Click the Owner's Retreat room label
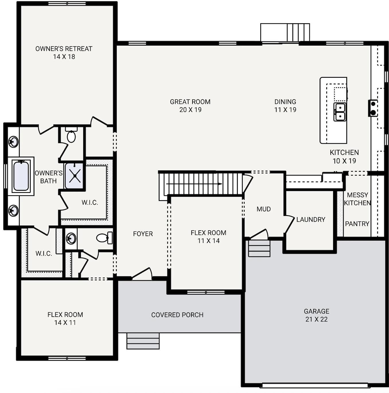(64, 53)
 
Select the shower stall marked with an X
(75, 176)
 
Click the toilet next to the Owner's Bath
(71, 136)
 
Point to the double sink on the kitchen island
(340, 112)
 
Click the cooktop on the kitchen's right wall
(373, 108)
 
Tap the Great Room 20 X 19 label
(190, 106)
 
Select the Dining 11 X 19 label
(285, 106)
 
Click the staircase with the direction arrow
(201, 184)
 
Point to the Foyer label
(143, 234)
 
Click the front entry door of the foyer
(142, 274)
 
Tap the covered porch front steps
(143, 341)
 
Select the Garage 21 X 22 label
(316, 315)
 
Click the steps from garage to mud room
(259, 248)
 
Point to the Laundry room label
(311, 220)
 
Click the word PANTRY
(357, 224)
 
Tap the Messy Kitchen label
(357, 199)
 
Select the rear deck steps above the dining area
(298, 32)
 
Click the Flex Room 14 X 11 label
(65, 319)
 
